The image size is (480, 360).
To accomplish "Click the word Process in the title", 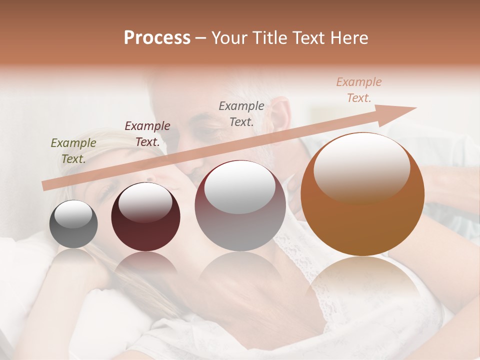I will pyautogui.click(x=157, y=37).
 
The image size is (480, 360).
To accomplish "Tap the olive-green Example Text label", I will pyautogui.click(x=73, y=150).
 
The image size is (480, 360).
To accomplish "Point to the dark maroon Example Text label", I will pyautogui.click(x=147, y=133).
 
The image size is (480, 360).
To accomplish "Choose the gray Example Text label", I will pyautogui.click(x=241, y=113).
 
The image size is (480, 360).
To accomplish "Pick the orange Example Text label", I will pyautogui.click(x=359, y=90).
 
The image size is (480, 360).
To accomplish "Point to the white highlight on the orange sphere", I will pyautogui.click(x=361, y=167).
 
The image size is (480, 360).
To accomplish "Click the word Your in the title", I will pyautogui.click(x=229, y=37).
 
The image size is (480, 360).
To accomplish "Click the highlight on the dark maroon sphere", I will pyautogui.click(x=145, y=202).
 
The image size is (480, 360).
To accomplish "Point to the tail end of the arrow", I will pyautogui.click(x=45, y=186).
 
